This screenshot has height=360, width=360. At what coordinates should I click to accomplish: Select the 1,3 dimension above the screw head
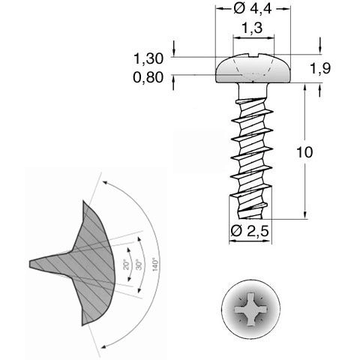(x=251, y=28)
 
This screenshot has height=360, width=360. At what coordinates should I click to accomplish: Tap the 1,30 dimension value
(x=147, y=58)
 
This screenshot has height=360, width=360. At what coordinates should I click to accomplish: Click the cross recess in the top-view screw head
(x=251, y=309)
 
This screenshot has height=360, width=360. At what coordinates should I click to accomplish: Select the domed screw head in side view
(x=251, y=69)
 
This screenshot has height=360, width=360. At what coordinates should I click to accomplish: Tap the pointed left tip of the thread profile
(x=31, y=262)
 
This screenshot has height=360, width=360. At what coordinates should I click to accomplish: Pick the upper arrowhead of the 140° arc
(x=103, y=182)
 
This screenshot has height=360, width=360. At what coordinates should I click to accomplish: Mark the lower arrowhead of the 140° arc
(x=100, y=344)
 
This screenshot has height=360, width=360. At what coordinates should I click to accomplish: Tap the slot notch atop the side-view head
(x=251, y=55)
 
